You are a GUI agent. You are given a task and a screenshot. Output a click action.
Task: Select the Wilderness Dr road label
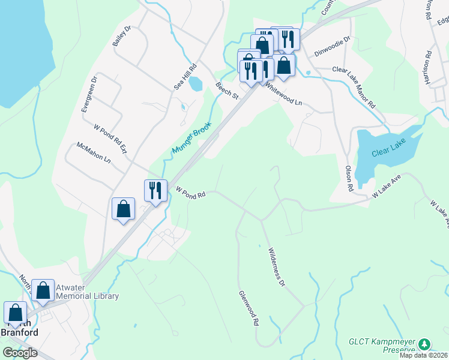coord(276,266)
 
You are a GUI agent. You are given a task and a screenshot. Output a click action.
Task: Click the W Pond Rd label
coord(191,191)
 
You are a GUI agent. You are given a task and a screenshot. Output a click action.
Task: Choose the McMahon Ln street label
coord(94,153)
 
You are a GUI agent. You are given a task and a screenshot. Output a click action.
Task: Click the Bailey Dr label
coord(121,37)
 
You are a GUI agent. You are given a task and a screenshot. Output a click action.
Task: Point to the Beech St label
coord(228,91)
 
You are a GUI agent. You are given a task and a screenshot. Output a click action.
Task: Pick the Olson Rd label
coord(349,179)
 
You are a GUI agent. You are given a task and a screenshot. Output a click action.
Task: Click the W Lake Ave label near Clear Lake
coord(385,187)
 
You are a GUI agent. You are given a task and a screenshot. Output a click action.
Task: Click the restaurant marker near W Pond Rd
coord(155,190)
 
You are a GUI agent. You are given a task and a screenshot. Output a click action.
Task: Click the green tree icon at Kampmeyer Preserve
coord(424,344)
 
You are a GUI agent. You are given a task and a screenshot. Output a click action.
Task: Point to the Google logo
coord(20,353)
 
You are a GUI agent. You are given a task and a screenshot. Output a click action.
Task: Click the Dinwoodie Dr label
coord(333,52)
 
